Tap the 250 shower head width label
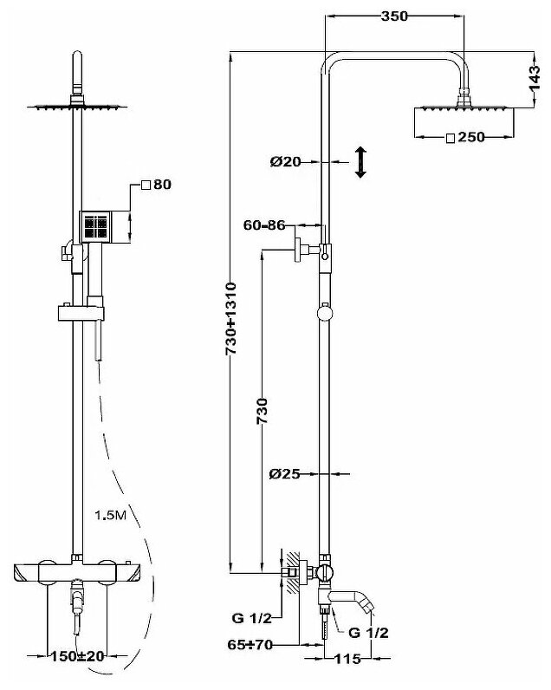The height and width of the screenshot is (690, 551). pyautogui.click(x=464, y=138)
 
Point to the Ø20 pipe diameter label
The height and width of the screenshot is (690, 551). pyautogui.click(x=285, y=161)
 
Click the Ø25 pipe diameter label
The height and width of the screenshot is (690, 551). pyautogui.click(x=285, y=473)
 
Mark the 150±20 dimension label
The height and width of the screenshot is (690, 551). pyautogui.click(x=79, y=656)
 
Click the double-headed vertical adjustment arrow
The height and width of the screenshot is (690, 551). pyautogui.click(x=361, y=162)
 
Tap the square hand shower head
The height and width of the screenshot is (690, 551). pyautogui.click(x=97, y=227)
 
